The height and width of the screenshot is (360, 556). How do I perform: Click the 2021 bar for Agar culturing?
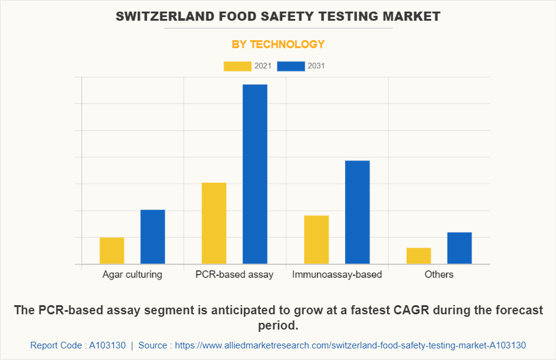tap(112, 250)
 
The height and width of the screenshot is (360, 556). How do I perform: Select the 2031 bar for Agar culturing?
tap(153, 237)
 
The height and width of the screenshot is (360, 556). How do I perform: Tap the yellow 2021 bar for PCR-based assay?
tap(214, 223)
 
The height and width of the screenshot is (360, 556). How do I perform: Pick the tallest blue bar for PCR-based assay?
tap(255, 174)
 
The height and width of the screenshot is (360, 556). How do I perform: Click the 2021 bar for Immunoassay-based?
tap(316, 239)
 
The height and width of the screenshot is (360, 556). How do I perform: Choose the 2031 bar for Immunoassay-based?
tap(357, 212)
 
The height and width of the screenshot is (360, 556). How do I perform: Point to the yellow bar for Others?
tap(419, 256)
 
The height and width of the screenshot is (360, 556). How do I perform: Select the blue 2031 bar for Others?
tap(460, 248)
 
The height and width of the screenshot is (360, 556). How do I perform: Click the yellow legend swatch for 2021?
tap(238, 66)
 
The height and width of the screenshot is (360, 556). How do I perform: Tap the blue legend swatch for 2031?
tap(291, 66)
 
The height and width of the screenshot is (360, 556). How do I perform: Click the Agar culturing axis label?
tap(132, 274)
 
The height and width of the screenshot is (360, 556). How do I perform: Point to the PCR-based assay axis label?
tap(235, 274)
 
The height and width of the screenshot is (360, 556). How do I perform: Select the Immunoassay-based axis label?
tap(337, 274)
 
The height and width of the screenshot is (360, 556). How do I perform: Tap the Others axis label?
tap(439, 274)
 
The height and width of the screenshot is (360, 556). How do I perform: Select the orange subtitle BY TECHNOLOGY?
tap(278, 44)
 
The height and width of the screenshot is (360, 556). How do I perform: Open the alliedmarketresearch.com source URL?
tap(350, 345)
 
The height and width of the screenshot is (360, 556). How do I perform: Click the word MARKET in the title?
tap(415, 16)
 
